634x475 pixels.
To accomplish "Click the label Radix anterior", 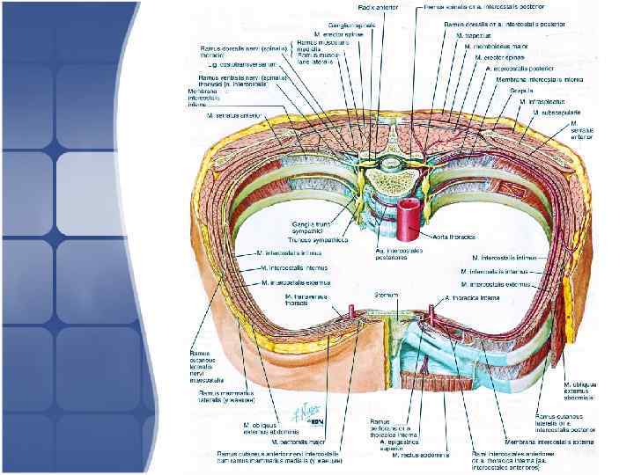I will pos(377,7).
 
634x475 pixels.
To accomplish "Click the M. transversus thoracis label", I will pos(302,300).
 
